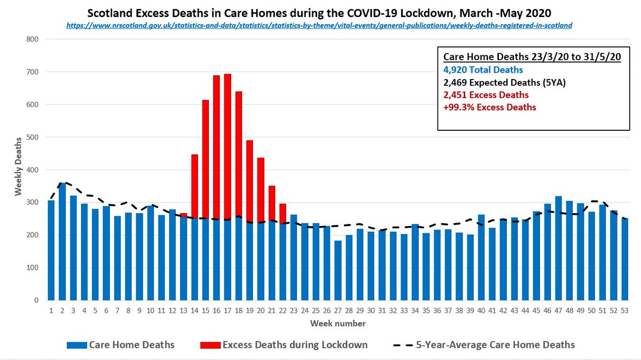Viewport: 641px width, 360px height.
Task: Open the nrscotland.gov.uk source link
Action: tap(319, 25)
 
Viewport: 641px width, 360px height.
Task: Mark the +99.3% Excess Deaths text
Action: tap(490, 107)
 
